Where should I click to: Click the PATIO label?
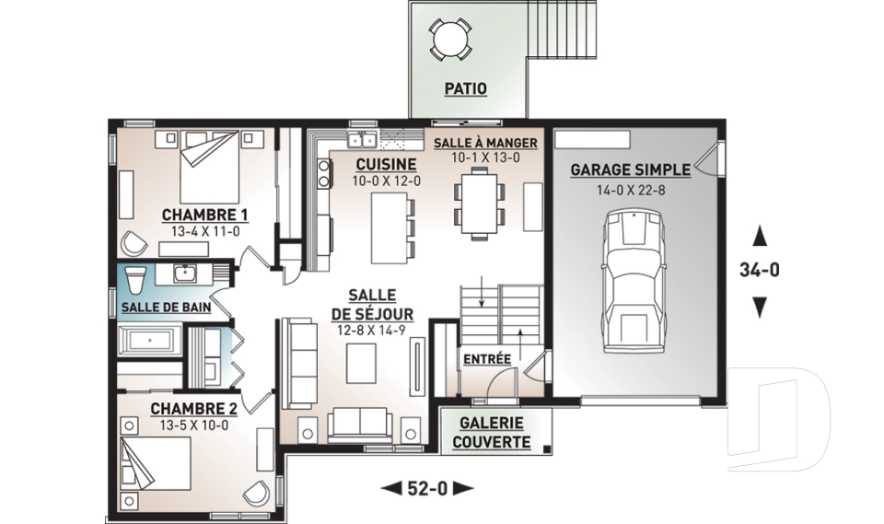click(465, 88)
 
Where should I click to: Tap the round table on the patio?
click(450, 39)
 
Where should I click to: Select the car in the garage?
click(634, 281)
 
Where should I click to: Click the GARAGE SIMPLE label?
click(630, 169)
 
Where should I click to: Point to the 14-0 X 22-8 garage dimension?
click(631, 190)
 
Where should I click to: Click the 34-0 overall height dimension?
click(760, 270)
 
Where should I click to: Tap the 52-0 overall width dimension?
click(426, 488)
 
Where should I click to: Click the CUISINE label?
click(386, 165)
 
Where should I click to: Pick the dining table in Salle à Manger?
click(479, 203)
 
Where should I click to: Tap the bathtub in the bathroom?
click(149, 340)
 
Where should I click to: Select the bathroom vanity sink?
click(184, 274)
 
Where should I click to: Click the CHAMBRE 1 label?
click(204, 215)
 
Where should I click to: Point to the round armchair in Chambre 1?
click(134, 243)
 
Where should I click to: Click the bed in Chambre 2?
click(157, 463)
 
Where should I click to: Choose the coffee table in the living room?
click(361, 363)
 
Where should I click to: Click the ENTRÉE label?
click(487, 359)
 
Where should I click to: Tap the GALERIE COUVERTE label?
click(492, 433)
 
